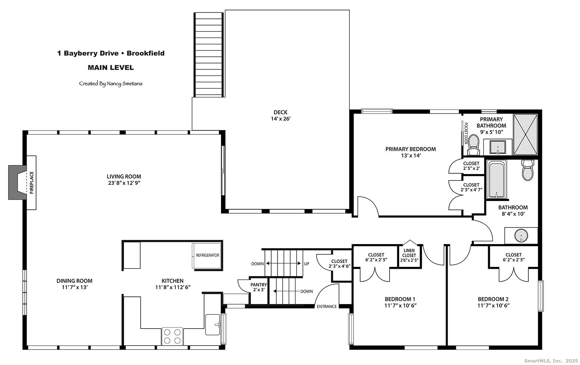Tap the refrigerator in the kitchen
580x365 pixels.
coord(207,255)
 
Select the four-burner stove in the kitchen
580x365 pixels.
coord(172,336)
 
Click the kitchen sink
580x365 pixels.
coord(213,324)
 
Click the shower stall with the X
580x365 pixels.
coord(525,135)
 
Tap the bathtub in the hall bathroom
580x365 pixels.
coord(496,180)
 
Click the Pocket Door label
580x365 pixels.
coord(466,133)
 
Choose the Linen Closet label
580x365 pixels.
coord(409,255)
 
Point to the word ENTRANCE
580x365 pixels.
coord(327,306)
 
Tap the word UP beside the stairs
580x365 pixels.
coord(307,264)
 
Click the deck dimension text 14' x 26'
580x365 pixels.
coord(281,119)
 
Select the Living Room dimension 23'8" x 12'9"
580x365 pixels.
coord(124,183)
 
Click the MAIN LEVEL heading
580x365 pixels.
coord(111,67)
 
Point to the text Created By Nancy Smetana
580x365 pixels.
coord(111,84)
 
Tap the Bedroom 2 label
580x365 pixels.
coord(493,299)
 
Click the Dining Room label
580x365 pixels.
coord(75,281)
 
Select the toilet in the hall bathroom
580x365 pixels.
coord(528,170)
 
